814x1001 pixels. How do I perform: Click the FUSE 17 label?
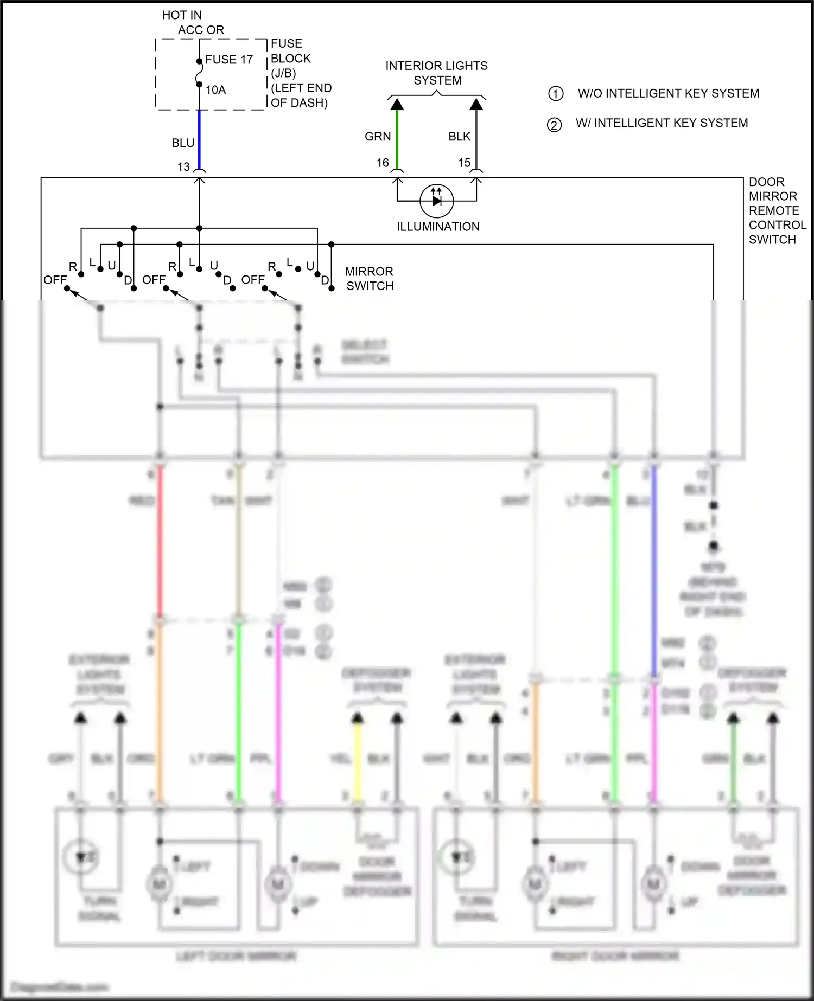[228, 60]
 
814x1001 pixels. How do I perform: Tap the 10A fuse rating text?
[215, 90]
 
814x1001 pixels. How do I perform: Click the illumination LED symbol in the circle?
[437, 201]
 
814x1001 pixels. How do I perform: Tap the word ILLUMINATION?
[438, 227]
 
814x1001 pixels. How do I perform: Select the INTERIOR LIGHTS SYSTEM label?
[437, 73]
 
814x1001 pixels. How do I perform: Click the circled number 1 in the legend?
[555, 94]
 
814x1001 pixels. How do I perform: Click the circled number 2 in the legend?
[554, 125]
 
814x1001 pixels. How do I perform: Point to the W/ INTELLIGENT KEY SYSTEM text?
[662, 123]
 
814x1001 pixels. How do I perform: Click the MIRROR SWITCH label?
[369, 279]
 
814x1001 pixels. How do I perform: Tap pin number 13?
[183, 167]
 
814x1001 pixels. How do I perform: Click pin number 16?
[383, 163]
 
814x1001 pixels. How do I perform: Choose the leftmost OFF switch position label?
[55, 280]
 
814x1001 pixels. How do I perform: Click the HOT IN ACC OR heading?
[193, 23]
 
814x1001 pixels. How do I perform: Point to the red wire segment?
[160, 542]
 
